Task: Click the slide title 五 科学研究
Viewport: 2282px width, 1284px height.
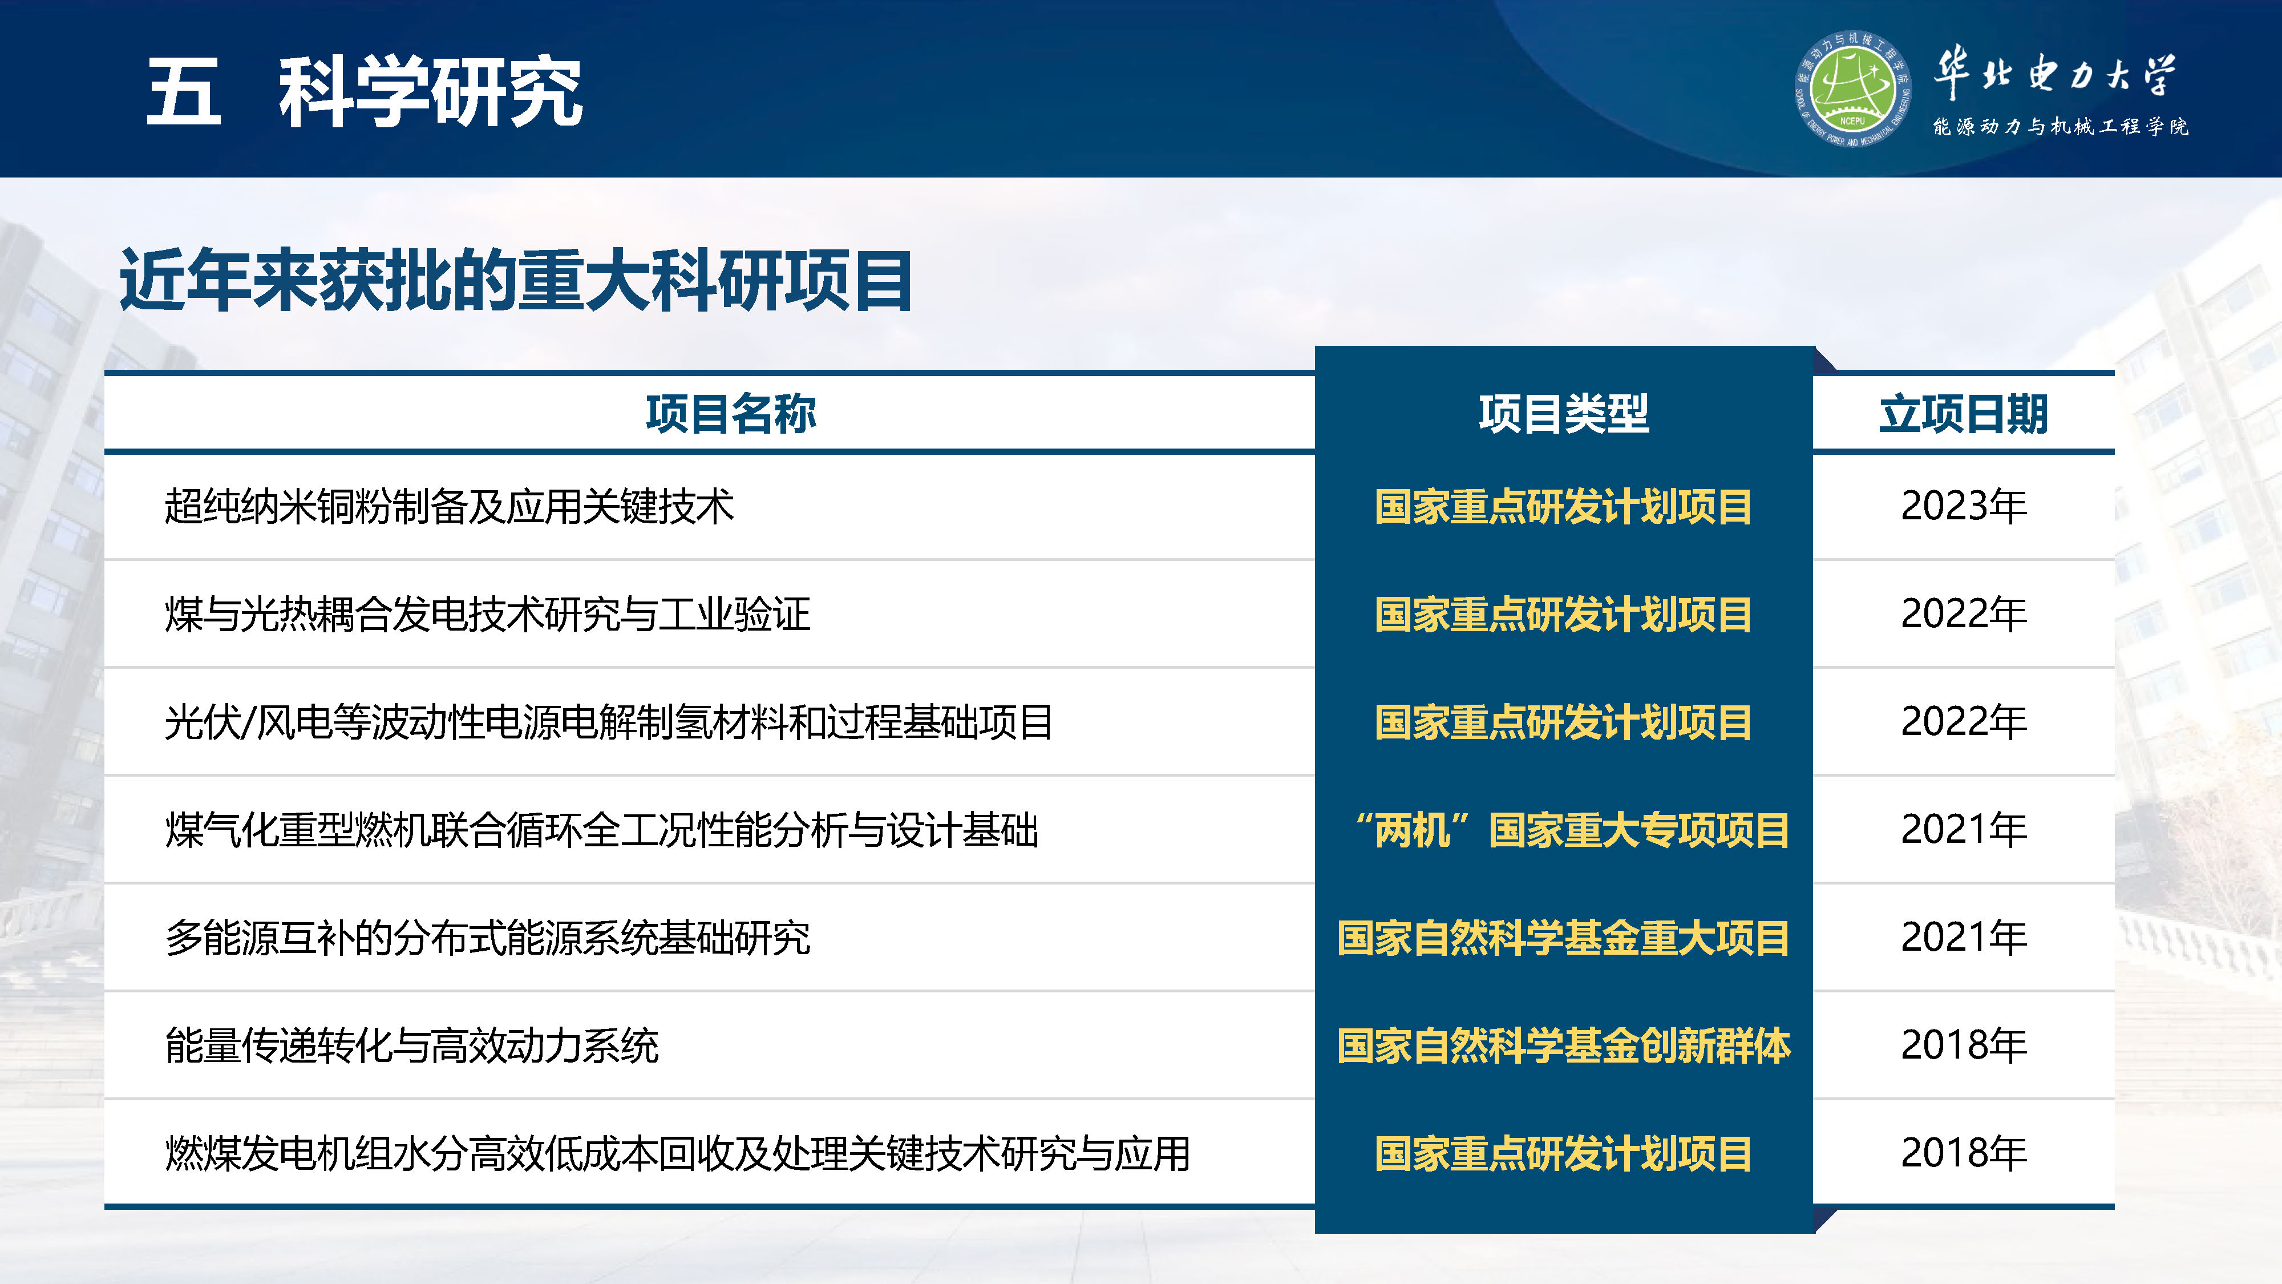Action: [x=363, y=91]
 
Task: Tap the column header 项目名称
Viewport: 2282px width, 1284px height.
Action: [x=731, y=414]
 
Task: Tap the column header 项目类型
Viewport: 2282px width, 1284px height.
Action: [x=1564, y=414]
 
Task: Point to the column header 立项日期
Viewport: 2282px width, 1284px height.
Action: [x=1963, y=414]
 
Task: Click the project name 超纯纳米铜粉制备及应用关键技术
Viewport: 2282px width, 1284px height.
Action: [x=449, y=507]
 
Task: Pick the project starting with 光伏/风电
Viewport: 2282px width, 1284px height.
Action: [x=609, y=722]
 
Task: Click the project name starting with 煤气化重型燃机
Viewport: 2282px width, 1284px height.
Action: [x=601, y=830]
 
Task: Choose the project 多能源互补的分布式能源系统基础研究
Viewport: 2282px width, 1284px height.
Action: [x=487, y=938]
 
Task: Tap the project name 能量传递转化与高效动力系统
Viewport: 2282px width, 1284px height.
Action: [x=412, y=1045]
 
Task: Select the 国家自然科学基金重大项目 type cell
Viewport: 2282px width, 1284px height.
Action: [x=1564, y=938]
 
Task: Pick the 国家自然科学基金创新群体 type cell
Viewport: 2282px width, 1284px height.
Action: [x=1564, y=1045]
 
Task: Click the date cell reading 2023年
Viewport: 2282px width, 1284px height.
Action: [x=1963, y=507]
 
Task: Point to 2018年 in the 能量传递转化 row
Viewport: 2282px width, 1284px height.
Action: [x=1963, y=1045]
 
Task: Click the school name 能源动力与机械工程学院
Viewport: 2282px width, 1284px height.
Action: [x=2060, y=127]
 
